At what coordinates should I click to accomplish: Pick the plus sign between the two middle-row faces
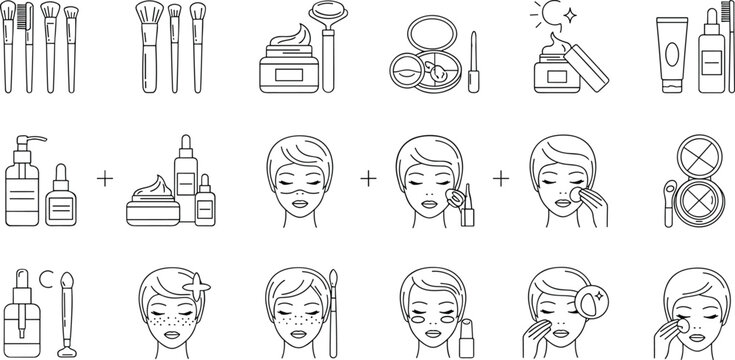click(369, 178)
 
